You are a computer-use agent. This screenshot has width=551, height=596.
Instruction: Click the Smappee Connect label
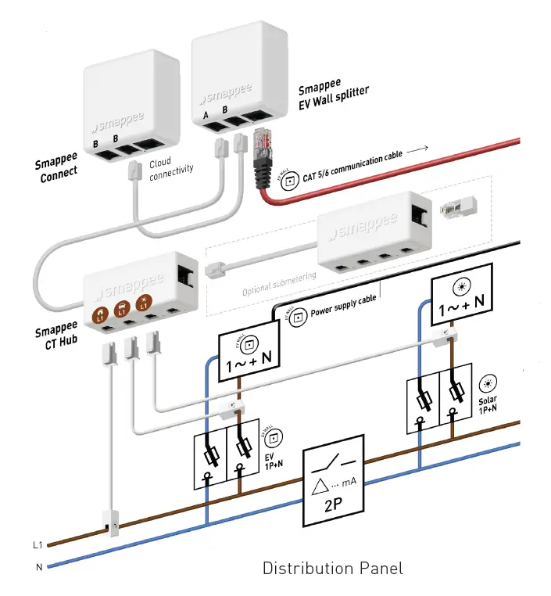(x=56, y=167)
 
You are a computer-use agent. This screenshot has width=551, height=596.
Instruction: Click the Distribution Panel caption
(x=332, y=568)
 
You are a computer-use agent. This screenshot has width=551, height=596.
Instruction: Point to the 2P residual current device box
(x=334, y=480)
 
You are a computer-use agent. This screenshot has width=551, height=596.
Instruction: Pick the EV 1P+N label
(x=274, y=460)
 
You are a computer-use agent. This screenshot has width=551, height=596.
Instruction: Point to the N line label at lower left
(x=38, y=566)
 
